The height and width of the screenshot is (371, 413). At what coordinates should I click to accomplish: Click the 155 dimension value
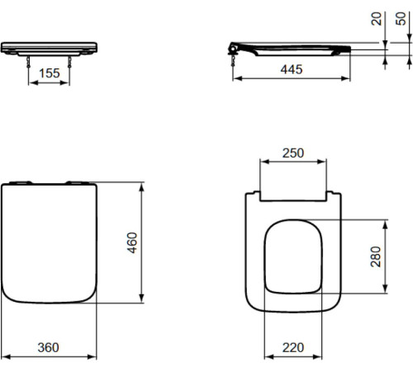pos(50,73)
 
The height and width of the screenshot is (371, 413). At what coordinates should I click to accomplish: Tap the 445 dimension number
pos(292,69)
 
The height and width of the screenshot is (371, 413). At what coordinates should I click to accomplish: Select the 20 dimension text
pos(377,19)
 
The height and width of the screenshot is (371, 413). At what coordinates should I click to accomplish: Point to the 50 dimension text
pos(401,19)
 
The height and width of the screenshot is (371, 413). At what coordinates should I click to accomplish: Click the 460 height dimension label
pos(132,242)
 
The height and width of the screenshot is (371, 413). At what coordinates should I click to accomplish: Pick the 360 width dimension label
pos(48,348)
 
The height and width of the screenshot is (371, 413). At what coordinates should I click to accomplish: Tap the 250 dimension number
pos(293,153)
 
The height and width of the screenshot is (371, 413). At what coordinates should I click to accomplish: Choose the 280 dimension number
pos(376,256)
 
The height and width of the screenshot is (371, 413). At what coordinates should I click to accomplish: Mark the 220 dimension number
pos(293,348)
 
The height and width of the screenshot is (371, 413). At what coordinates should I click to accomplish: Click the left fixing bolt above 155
pos(28,62)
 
